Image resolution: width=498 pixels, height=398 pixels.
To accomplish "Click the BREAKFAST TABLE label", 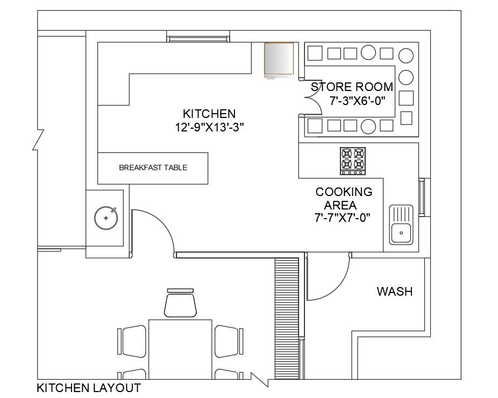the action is [153, 167].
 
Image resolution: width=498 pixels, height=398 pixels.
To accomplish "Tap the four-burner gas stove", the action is [353, 161].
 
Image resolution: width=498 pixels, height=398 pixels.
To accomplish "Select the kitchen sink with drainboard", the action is [401, 225].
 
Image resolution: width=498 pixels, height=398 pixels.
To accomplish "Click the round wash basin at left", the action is [106, 218].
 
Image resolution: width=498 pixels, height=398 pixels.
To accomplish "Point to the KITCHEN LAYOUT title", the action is [89, 388].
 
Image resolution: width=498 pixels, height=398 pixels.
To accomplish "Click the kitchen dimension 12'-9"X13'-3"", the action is [209, 128].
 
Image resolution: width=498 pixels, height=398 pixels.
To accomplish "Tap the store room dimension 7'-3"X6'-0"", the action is [357, 101].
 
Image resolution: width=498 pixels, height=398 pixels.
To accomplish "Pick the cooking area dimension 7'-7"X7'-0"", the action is [343, 218].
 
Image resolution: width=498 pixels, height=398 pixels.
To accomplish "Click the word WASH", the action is [394, 291].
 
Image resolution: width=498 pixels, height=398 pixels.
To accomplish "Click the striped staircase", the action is [287, 318].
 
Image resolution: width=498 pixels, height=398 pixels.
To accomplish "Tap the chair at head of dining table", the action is [180, 303].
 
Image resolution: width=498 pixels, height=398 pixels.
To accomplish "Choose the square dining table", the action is [180, 350].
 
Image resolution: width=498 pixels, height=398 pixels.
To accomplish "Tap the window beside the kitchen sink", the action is [422, 197].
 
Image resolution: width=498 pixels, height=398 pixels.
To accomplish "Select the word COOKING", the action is [344, 192].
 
